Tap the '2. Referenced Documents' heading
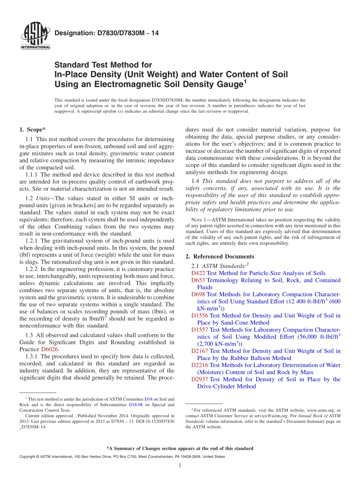[x=220, y=257]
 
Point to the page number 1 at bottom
[x=180, y=465]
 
